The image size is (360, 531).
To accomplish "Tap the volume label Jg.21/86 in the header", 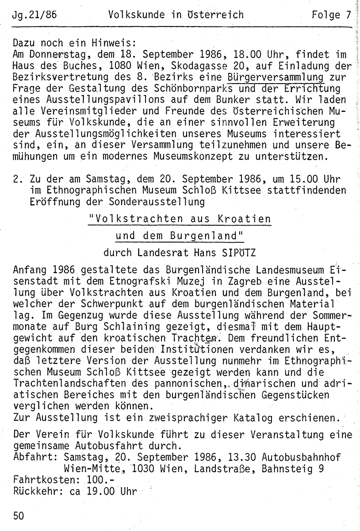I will point(35,15).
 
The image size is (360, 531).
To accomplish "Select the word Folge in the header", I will point(325,15).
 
